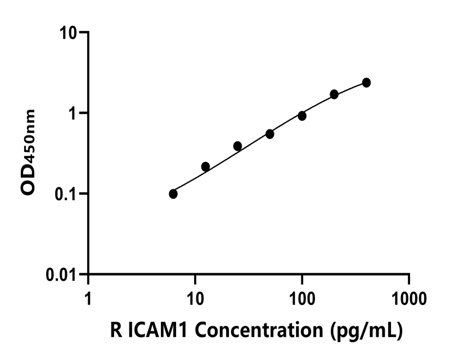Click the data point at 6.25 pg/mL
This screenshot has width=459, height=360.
tap(173, 194)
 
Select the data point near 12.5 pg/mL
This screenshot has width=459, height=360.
tap(205, 166)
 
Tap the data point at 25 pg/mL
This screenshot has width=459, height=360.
tap(237, 146)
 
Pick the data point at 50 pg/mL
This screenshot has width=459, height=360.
tap(270, 134)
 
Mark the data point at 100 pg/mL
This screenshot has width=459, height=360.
tap(302, 116)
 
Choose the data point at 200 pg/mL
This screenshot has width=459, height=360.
tap(334, 94)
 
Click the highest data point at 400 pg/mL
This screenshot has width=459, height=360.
tap(366, 83)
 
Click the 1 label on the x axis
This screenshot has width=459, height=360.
tap(88, 296)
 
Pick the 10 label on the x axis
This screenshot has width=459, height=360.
tap(195, 296)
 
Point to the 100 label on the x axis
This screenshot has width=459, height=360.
tap(302, 296)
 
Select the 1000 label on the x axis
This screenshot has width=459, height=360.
tap(409, 296)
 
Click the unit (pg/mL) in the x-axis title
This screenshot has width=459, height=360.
tap(366, 332)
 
